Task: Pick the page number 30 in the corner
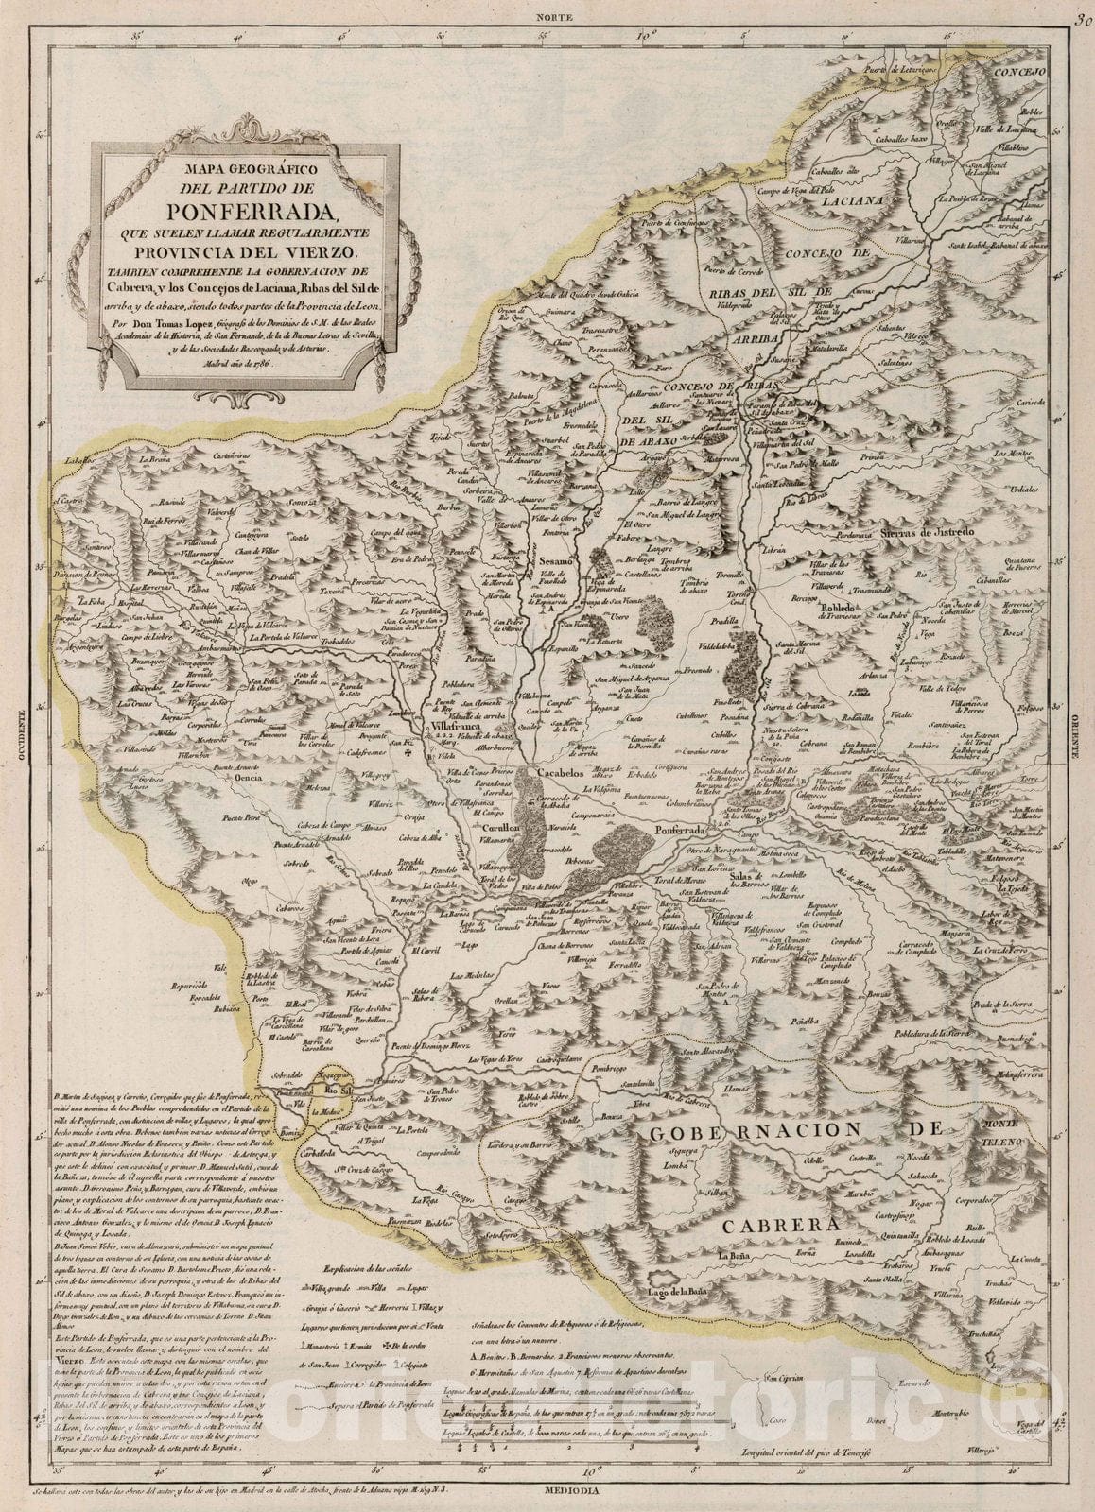click(x=1081, y=13)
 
